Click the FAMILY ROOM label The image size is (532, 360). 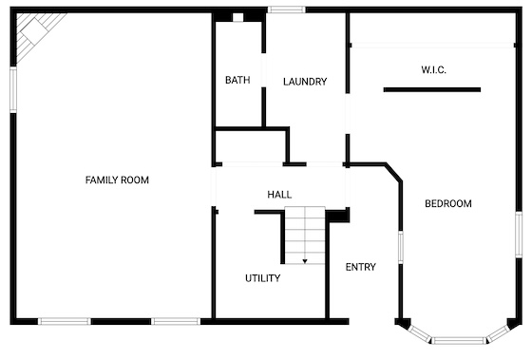tap(117, 180)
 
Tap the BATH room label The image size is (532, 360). tap(237, 80)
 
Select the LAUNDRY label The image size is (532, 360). tap(305, 82)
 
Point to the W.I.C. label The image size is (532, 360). tap(433, 70)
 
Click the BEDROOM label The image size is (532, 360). tap(448, 203)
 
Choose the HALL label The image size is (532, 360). tap(279, 195)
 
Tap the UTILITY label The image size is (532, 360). tap(262, 278)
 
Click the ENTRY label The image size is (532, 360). tap(360, 267)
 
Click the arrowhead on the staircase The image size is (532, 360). tap(305, 261)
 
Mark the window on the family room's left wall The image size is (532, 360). tap(13, 90)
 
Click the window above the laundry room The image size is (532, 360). tap(286, 9)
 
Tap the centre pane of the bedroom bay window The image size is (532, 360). tap(459, 340)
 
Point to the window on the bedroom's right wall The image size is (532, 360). tap(519, 235)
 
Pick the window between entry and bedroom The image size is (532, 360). tap(400, 247)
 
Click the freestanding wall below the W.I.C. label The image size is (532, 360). tap(432, 90)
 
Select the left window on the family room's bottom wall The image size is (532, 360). tap(65, 321)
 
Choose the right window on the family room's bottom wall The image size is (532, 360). tap(176, 321)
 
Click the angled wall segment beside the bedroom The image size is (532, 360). tap(393, 172)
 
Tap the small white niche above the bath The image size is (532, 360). tap(237, 17)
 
